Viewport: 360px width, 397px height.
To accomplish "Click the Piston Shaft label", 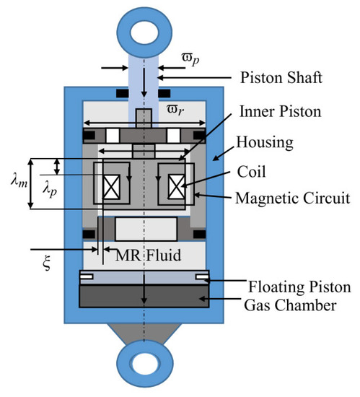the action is (x=281, y=77).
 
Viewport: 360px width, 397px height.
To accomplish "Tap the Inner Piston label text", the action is (x=281, y=111).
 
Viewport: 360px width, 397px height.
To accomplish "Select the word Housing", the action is (x=265, y=143).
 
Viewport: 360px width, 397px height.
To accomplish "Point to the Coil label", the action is (x=252, y=172).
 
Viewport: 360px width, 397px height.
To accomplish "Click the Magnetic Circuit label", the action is (x=293, y=198).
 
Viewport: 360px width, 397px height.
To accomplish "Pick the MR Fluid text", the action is (x=148, y=255).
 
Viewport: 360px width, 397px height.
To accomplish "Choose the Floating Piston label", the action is (x=299, y=287).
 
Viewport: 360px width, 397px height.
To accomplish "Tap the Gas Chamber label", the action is (x=290, y=305).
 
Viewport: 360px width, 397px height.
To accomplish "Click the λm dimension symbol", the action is (x=19, y=181).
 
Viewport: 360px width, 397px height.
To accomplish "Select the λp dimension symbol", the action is (x=50, y=190).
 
